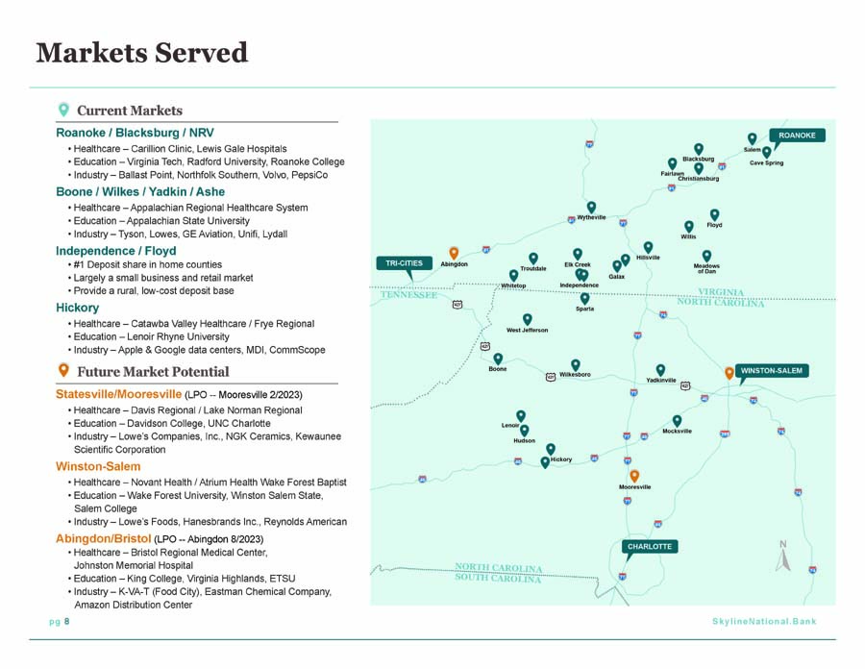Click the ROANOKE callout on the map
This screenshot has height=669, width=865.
pos(797,136)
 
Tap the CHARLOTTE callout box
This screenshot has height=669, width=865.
pos(650,547)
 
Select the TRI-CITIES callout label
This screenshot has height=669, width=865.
pos(404,263)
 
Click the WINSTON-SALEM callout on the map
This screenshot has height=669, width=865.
pos(771,371)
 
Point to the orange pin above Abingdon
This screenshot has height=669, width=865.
pos(454,253)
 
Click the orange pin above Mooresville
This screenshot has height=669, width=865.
pos(634,476)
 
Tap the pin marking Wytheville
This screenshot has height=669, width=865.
pos(591,207)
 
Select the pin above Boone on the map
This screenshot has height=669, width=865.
pos(498,359)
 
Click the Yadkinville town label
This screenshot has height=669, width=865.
pos(661,380)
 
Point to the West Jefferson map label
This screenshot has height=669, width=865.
pos(528,330)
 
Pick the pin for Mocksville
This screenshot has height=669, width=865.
pos(677,421)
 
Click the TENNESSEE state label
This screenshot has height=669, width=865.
pos(408,295)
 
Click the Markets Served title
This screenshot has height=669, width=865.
pos(142,53)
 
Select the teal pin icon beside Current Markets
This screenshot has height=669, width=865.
pos(63,110)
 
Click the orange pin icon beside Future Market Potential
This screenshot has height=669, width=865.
pos(63,370)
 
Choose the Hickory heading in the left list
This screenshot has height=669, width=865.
pos(77,308)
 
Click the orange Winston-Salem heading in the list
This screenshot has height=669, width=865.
pos(98,466)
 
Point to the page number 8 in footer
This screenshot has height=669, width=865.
pos(66,622)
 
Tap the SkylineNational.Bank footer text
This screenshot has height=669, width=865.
pos(764,622)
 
